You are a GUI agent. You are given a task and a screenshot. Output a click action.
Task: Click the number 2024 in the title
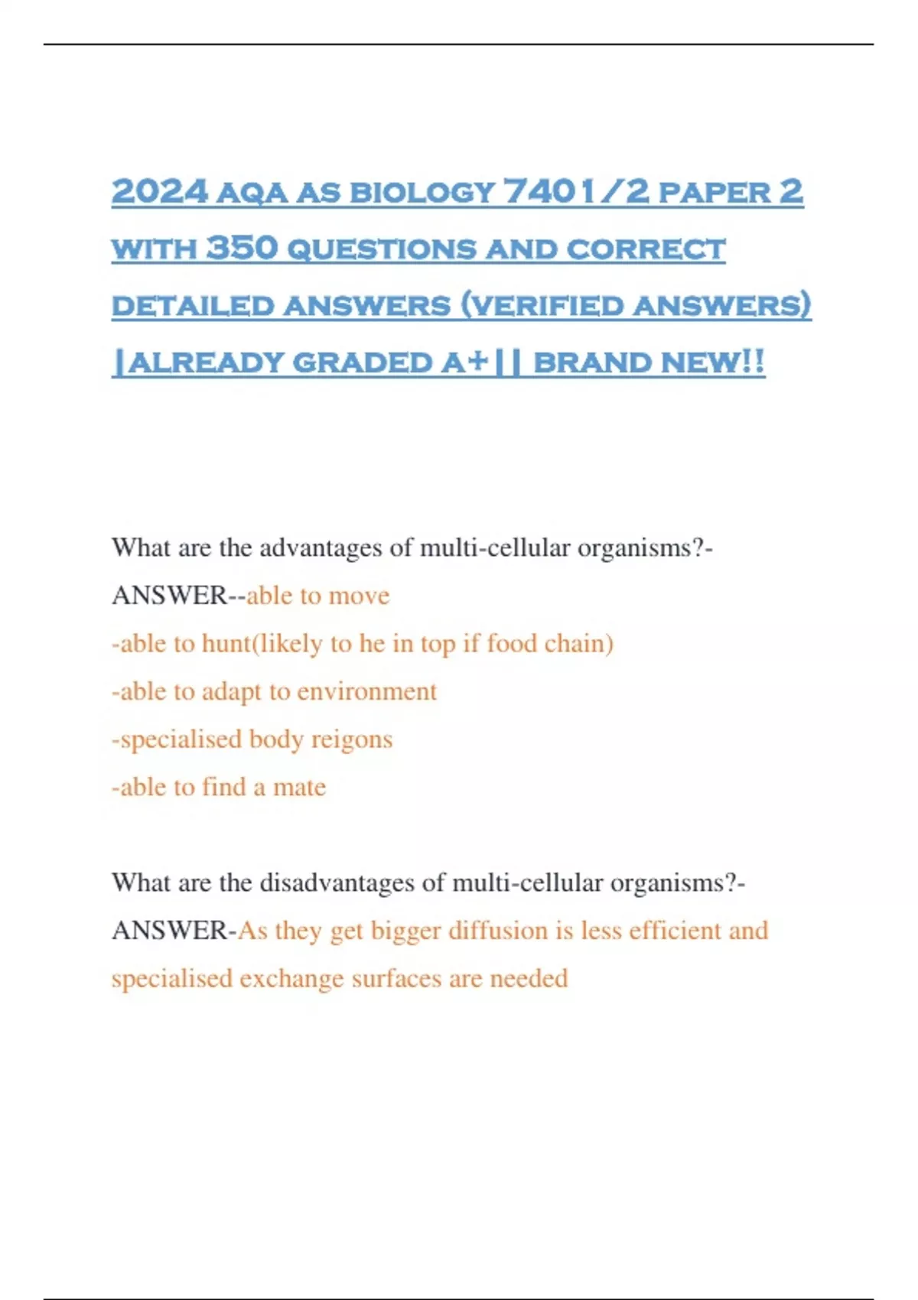coord(159,191)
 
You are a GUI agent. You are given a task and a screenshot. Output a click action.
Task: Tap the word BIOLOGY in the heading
coord(422,193)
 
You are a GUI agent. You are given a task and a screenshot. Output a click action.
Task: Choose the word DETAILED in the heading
coord(193,306)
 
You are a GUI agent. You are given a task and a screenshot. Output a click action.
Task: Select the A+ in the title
coord(464,362)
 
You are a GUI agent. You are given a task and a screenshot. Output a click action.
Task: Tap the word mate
coord(299,787)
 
